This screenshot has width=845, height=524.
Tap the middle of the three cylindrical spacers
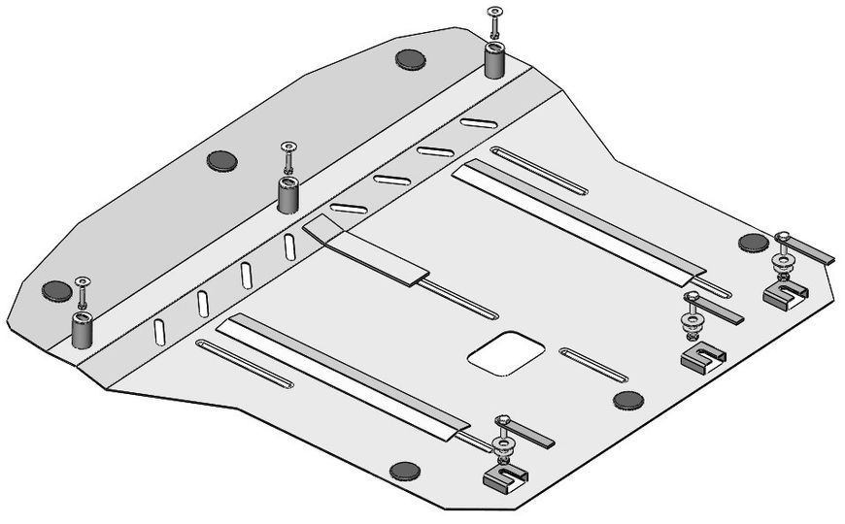click(289, 193)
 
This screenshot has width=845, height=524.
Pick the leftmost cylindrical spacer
click(81, 330)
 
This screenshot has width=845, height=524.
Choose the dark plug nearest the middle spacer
click(222, 161)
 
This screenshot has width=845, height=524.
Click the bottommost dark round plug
click(404, 472)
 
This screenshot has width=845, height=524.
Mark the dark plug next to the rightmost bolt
click(753, 243)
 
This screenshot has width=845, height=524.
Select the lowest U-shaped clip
click(506, 475)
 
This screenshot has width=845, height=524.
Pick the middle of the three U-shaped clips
click(699, 358)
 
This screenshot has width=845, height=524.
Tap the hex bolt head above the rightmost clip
click(783, 237)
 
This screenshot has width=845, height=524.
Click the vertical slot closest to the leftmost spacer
click(158, 333)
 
